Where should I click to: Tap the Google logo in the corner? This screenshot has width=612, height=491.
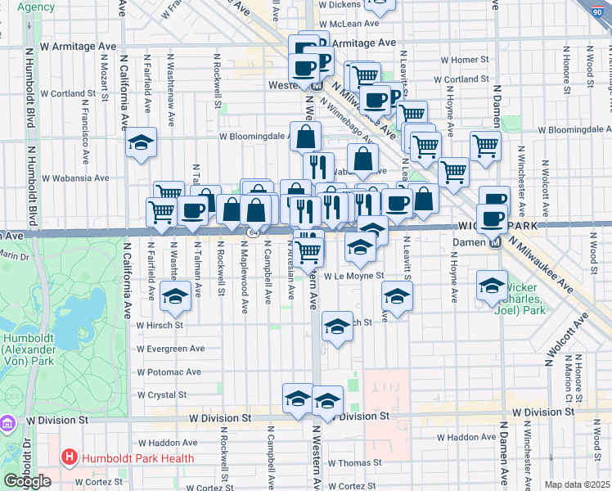(x=28, y=481)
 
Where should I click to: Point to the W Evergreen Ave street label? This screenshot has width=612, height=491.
(x=170, y=349)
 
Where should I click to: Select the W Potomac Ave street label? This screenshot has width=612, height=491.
(x=169, y=372)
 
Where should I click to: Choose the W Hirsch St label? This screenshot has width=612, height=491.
(x=160, y=325)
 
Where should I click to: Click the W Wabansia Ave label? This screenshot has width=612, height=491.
(x=75, y=178)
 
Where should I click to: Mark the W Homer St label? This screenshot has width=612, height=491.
(x=464, y=60)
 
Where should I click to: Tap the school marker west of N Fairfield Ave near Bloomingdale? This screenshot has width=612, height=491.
(x=142, y=144)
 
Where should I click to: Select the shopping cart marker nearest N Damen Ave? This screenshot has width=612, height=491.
(x=485, y=146)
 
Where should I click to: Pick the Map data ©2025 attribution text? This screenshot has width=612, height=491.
(x=577, y=484)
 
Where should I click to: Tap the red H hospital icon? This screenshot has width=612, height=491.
(x=69, y=458)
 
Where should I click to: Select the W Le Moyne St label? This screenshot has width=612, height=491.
(x=353, y=277)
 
